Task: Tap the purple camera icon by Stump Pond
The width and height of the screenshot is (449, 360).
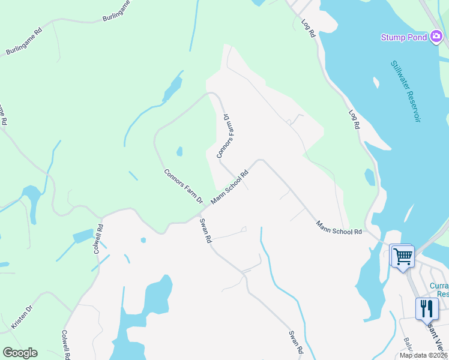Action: click(437, 37)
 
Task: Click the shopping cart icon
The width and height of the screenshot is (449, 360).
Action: click(402, 256)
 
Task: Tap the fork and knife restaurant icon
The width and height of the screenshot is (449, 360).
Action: click(427, 308)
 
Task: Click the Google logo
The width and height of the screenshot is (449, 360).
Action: click(20, 353)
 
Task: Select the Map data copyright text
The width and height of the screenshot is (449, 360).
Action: click(423, 355)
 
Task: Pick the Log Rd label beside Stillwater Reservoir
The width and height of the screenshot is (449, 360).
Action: click(355, 119)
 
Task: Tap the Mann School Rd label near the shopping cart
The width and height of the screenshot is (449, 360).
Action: click(340, 227)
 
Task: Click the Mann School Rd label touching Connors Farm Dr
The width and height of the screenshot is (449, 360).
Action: click(229, 188)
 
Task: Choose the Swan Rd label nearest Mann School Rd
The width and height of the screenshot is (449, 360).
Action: click(206, 230)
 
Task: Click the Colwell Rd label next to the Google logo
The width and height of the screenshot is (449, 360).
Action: click(66, 344)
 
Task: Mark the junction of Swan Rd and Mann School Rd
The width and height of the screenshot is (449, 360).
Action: click(202, 210)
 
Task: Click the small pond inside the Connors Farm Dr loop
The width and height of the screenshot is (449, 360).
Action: click(179, 151)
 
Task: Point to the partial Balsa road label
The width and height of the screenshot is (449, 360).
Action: click(408, 346)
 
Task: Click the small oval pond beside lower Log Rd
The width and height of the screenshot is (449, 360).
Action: click(370, 177)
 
